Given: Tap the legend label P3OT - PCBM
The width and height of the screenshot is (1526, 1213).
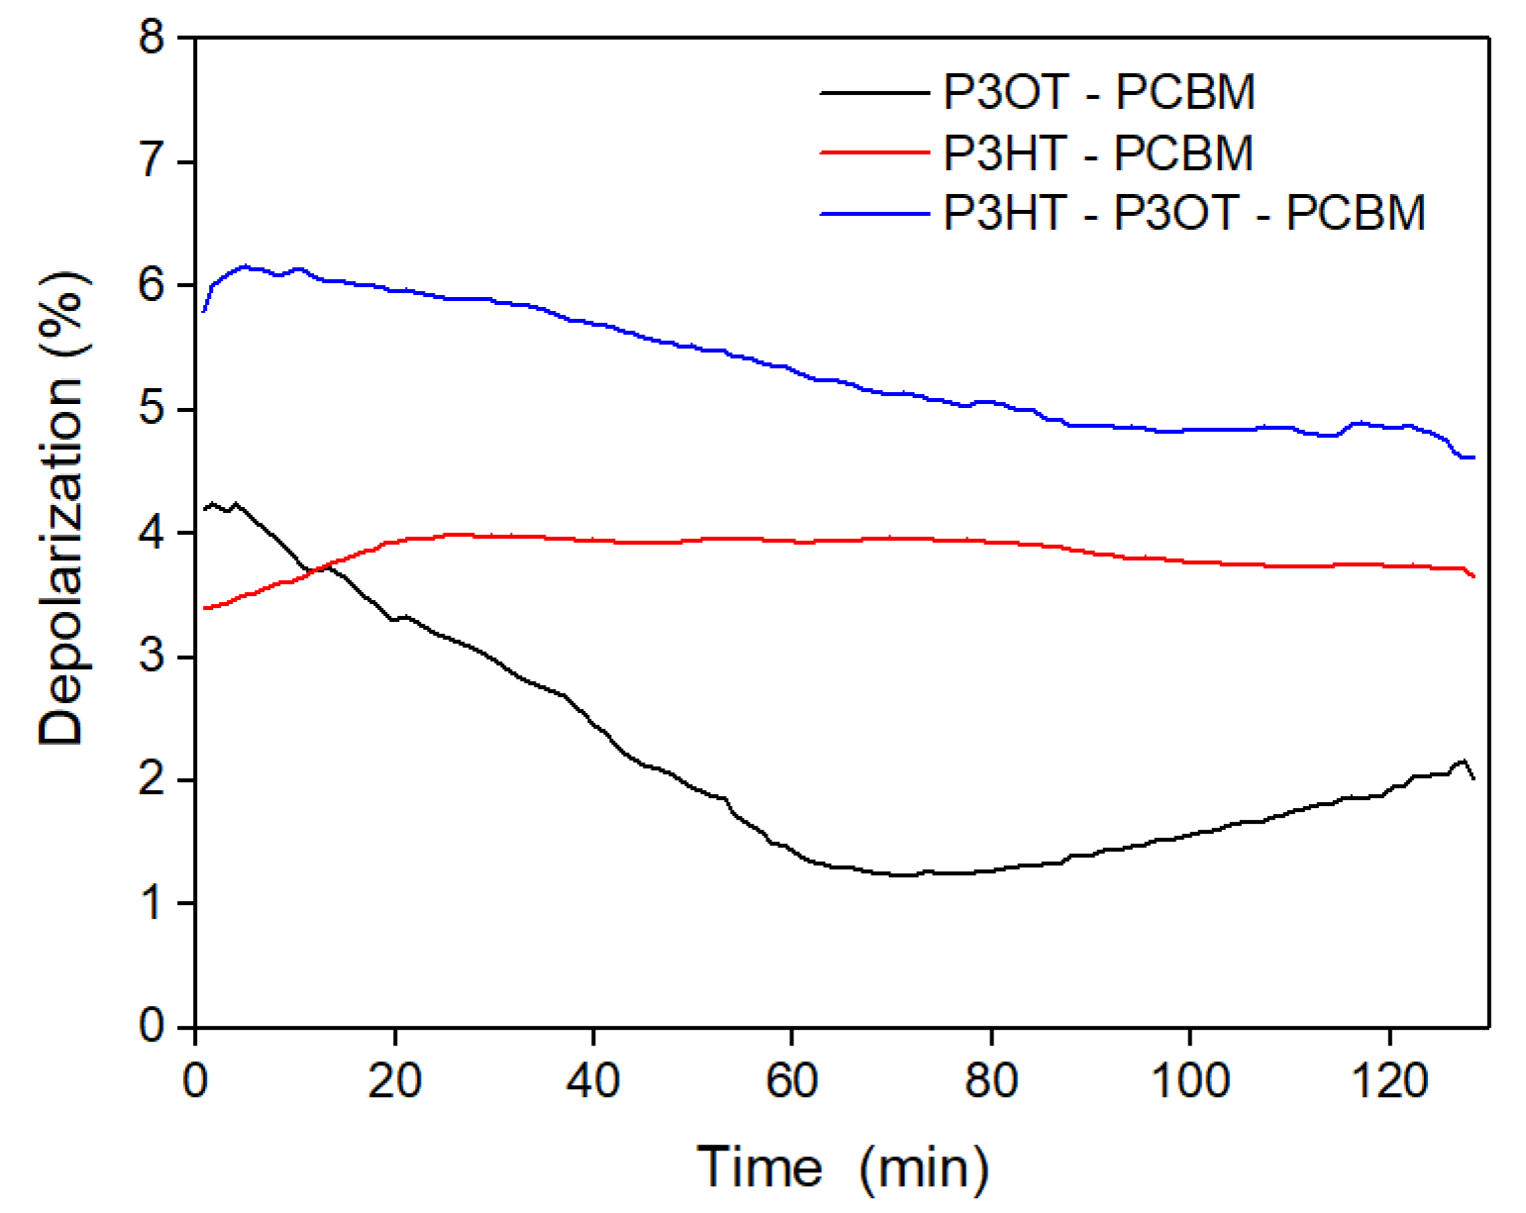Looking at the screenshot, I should (1099, 93).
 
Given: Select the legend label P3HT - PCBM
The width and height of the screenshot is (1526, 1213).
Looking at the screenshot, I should (1098, 153).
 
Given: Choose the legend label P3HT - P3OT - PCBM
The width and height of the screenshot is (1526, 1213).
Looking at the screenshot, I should (1184, 213).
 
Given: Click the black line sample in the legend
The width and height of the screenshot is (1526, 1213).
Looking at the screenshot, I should (875, 93).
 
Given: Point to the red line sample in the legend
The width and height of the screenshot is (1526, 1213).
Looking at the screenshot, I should (875, 153).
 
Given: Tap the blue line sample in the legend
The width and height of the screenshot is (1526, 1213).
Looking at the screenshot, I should (875, 213).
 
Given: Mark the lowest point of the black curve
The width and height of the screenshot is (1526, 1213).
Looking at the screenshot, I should (903, 875).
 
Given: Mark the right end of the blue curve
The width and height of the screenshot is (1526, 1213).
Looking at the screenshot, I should (1474, 457).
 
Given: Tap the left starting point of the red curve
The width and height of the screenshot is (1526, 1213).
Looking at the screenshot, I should (204, 608).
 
